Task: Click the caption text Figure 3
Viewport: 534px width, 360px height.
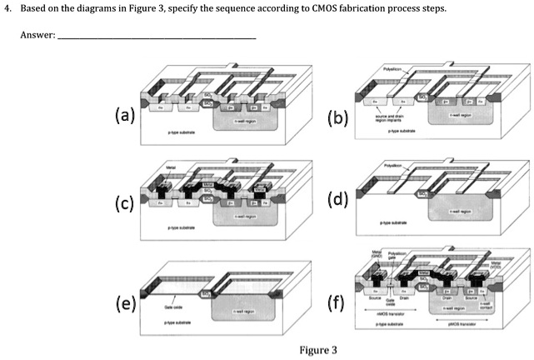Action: (x=314, y=349)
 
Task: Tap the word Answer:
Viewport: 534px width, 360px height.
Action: (x=38, y=36)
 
